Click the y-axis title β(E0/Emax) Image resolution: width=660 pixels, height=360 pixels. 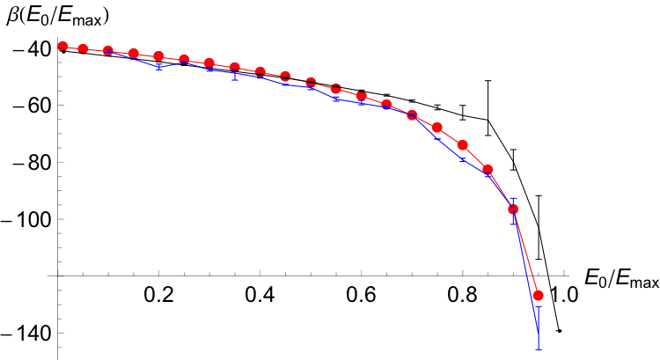[62, 14]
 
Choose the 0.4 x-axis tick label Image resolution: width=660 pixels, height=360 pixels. [260, 293]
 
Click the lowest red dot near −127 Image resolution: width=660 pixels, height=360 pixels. [539, 296]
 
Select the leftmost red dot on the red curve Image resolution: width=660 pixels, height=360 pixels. [62, 46]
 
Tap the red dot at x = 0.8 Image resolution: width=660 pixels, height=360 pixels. [463, 145]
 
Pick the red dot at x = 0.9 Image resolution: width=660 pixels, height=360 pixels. [514, 209]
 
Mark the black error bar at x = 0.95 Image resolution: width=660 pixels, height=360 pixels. [539, 227]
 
